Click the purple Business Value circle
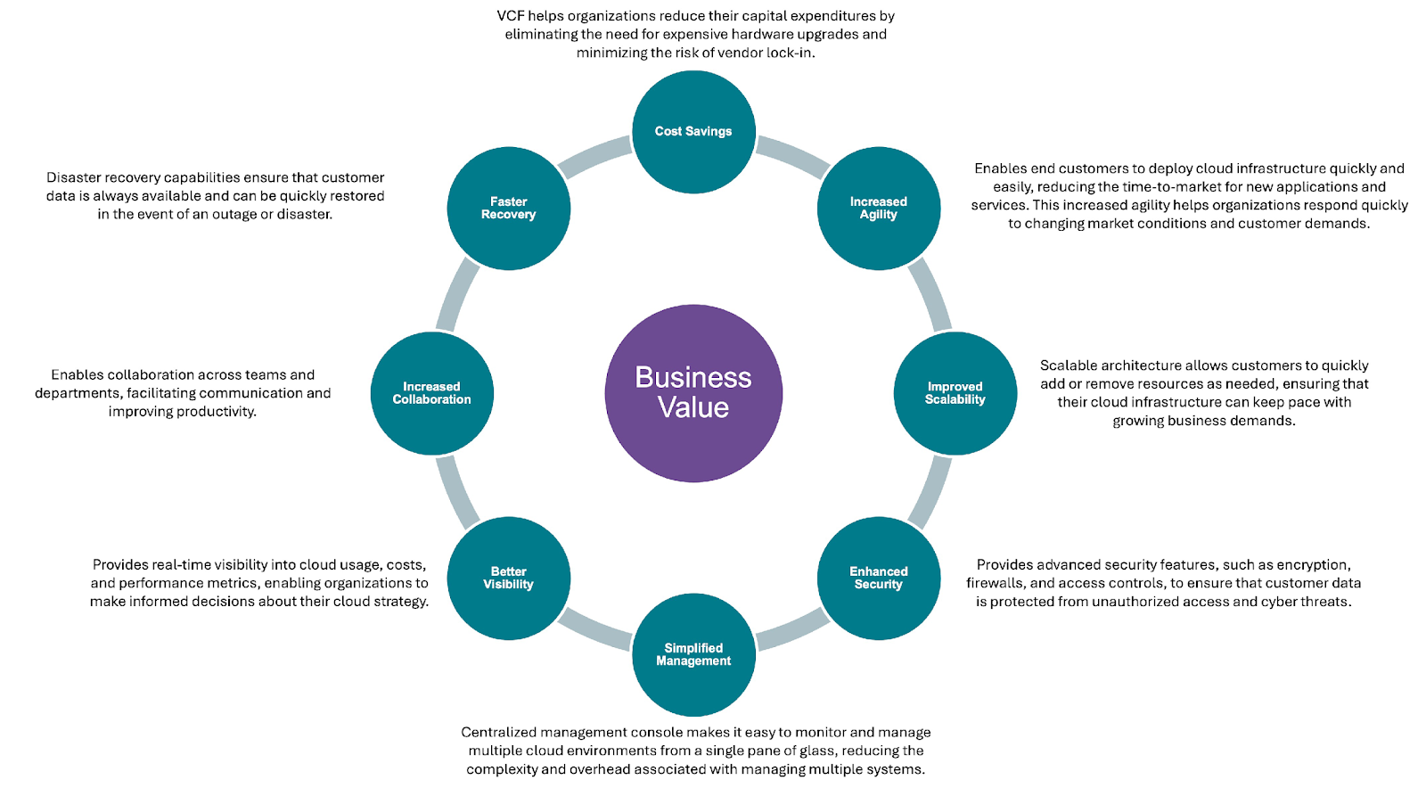point(693,393)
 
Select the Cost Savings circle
point(693,132)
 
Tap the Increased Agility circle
point(879,208)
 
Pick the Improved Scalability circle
point(955,393)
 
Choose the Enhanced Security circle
point(879,578)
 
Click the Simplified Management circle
point(693,655)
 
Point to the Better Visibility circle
point(509,578)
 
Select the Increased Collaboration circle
point(431,393)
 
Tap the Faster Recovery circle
point(509,208)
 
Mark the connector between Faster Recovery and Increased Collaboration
point(457,295)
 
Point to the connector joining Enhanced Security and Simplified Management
point(792,629)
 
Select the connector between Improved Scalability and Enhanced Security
point(930,492)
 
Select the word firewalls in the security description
point(995,583)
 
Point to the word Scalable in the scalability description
point(1067,365)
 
